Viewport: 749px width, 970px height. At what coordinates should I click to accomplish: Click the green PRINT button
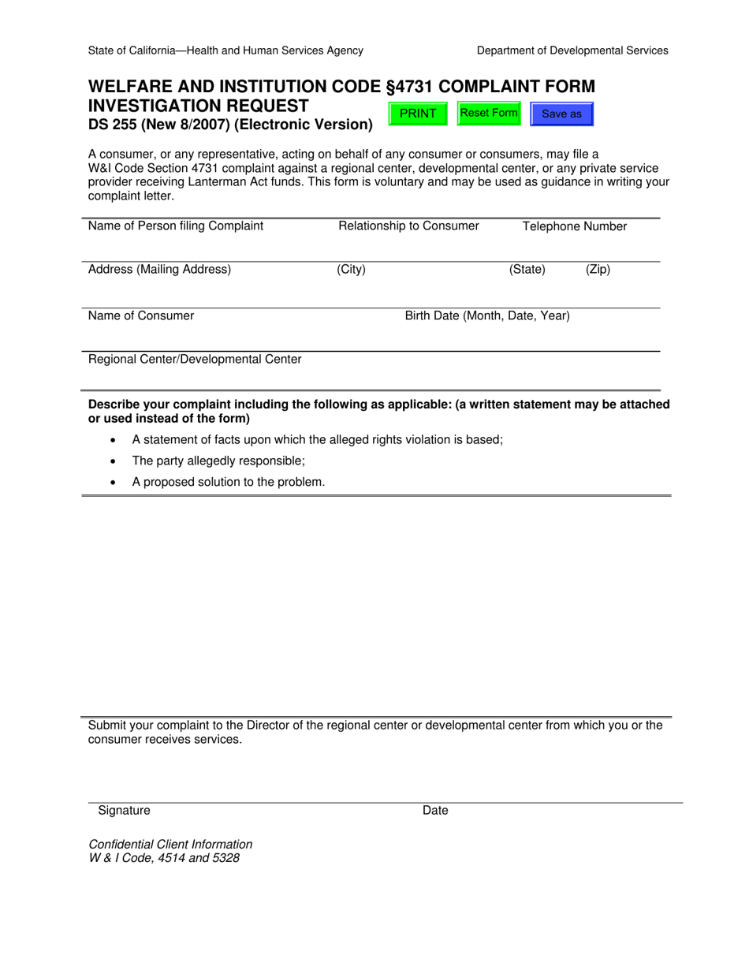[x=418, y=114]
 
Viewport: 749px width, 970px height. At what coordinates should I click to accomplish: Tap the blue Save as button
[x=561, y=114]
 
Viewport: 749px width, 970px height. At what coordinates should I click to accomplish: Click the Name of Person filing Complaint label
[x=176, y=226]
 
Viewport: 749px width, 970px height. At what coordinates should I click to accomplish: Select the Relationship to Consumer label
[x=408, y=226]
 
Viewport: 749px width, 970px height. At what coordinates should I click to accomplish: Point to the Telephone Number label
[x=575, y=227]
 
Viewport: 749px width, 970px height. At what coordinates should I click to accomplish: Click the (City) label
[x=351, y=270]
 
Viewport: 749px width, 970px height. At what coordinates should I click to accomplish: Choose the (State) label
[x=527, y=270]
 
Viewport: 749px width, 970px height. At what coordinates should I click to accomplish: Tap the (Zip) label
[x=598, y=270]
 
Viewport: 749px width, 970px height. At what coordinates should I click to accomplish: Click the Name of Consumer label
[x=141, y=316]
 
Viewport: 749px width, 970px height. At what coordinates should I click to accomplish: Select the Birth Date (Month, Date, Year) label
[x=487, y=316]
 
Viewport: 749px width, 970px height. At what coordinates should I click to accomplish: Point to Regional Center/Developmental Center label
[x=195, y=360]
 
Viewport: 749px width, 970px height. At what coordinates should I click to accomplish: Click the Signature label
[x=124, y=811]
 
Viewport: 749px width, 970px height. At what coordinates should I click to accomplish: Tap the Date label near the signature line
[x=435, y=811]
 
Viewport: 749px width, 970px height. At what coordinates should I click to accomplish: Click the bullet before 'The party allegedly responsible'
[x=115, y=461]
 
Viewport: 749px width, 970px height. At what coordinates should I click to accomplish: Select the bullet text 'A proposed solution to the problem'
[x=228, y=482]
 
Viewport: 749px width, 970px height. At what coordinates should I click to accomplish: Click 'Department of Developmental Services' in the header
[x=572, y=50]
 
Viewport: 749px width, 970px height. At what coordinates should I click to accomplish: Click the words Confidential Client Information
[x=170, y=845]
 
